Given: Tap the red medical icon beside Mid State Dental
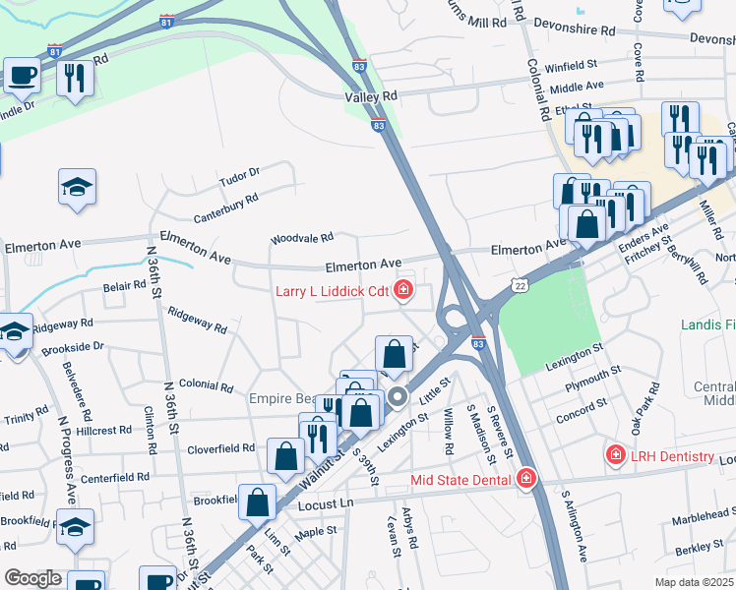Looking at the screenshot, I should (526, 479).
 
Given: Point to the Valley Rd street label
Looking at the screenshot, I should (371, 96).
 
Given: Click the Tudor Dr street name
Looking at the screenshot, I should (239, 174).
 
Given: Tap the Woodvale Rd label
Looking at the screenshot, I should (302, 237).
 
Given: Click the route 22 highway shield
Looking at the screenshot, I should (519, 284).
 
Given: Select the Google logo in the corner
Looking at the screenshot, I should (32, 578).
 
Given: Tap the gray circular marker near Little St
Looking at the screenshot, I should (398, 397).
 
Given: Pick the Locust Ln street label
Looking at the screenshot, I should (325, 504).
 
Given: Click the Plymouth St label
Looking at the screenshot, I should (593, 384).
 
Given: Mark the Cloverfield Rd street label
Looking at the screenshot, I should (223, 448).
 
